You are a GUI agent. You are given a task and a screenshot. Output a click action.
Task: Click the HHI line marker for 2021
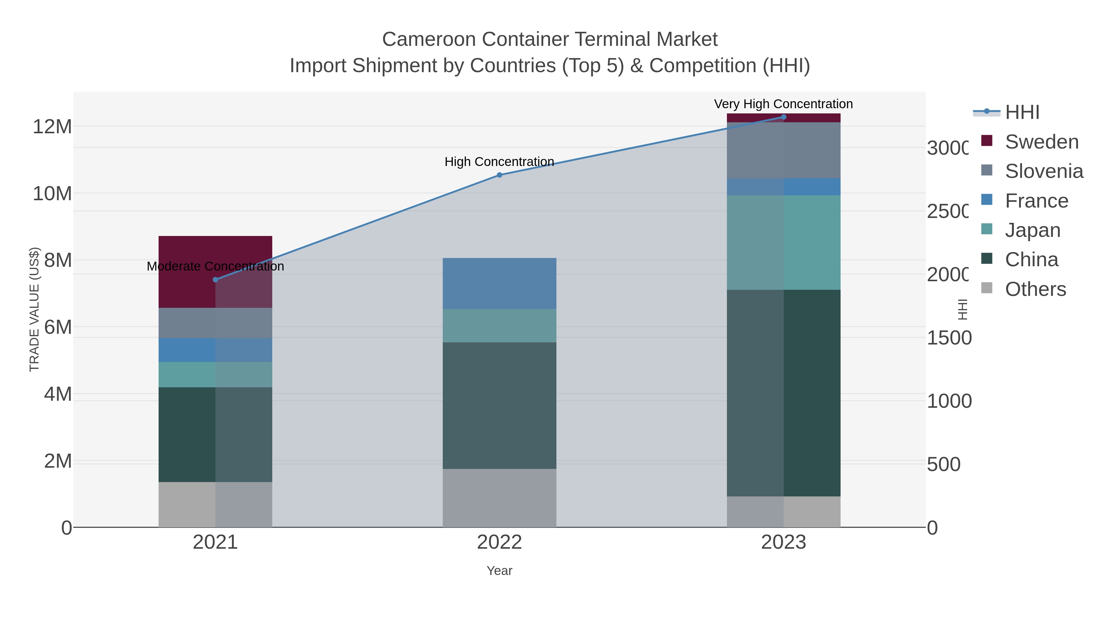click(215, 280)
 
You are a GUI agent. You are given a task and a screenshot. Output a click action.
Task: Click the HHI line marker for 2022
click(499, 175)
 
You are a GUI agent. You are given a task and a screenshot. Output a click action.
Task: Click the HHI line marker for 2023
click(783, 117)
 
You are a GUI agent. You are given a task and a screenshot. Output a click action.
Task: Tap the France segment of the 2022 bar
click(499, 283)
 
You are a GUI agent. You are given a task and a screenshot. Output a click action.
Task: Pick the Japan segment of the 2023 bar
click(783, 242)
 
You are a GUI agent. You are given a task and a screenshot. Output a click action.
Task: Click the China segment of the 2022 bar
click(499, 405)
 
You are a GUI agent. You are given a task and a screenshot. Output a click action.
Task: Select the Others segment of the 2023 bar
click(783, 511)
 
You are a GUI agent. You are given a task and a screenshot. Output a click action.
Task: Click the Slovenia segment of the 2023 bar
click(783, 150)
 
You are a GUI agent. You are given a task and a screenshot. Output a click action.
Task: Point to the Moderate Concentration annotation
click(215, 266)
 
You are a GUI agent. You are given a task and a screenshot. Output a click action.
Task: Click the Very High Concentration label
click(783, 104)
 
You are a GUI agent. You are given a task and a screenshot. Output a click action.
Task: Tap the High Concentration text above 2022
click(499, 161)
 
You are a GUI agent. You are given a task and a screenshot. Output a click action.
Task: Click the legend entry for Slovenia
click(1044, 171)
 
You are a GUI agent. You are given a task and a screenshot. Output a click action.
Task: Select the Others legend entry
click(1035, 289)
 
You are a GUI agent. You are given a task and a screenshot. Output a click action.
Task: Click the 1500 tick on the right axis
click(949, 338)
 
